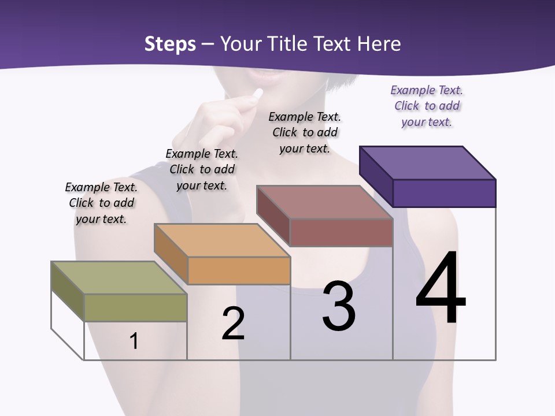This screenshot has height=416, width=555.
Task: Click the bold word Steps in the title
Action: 170,44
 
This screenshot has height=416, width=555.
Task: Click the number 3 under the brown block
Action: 339,307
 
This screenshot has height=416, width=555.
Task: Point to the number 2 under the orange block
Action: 233,324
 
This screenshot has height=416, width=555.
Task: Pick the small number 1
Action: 134,341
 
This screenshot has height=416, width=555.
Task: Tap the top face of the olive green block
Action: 119,278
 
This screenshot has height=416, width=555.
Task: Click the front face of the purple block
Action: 444,193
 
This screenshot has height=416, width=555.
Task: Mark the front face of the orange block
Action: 239,270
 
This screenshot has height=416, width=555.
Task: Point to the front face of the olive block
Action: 135,307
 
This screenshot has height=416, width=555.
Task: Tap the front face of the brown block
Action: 341,232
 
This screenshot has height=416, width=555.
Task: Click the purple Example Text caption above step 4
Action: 427,106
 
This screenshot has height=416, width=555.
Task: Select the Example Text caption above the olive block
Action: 101,203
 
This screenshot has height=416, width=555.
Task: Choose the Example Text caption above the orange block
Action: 202,169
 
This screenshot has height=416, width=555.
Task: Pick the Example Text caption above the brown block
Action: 305,132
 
